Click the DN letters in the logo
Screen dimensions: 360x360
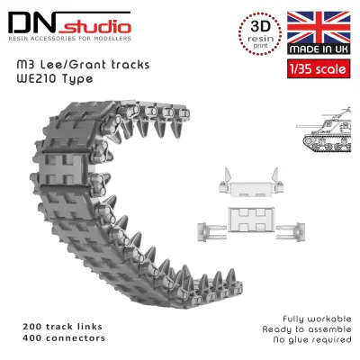(x=32, y=23)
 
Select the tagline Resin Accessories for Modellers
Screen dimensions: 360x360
(x=69, y=39)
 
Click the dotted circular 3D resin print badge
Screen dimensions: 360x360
(x=260, y=33)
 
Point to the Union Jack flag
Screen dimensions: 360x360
(x=319, y=28)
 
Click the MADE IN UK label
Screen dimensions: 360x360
(x=319, y=49)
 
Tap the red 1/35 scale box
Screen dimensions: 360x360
(x=319, y=69)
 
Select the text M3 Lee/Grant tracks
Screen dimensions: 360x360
(x=83, y=65)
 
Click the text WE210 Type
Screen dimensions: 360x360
(x=55, y=78)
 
